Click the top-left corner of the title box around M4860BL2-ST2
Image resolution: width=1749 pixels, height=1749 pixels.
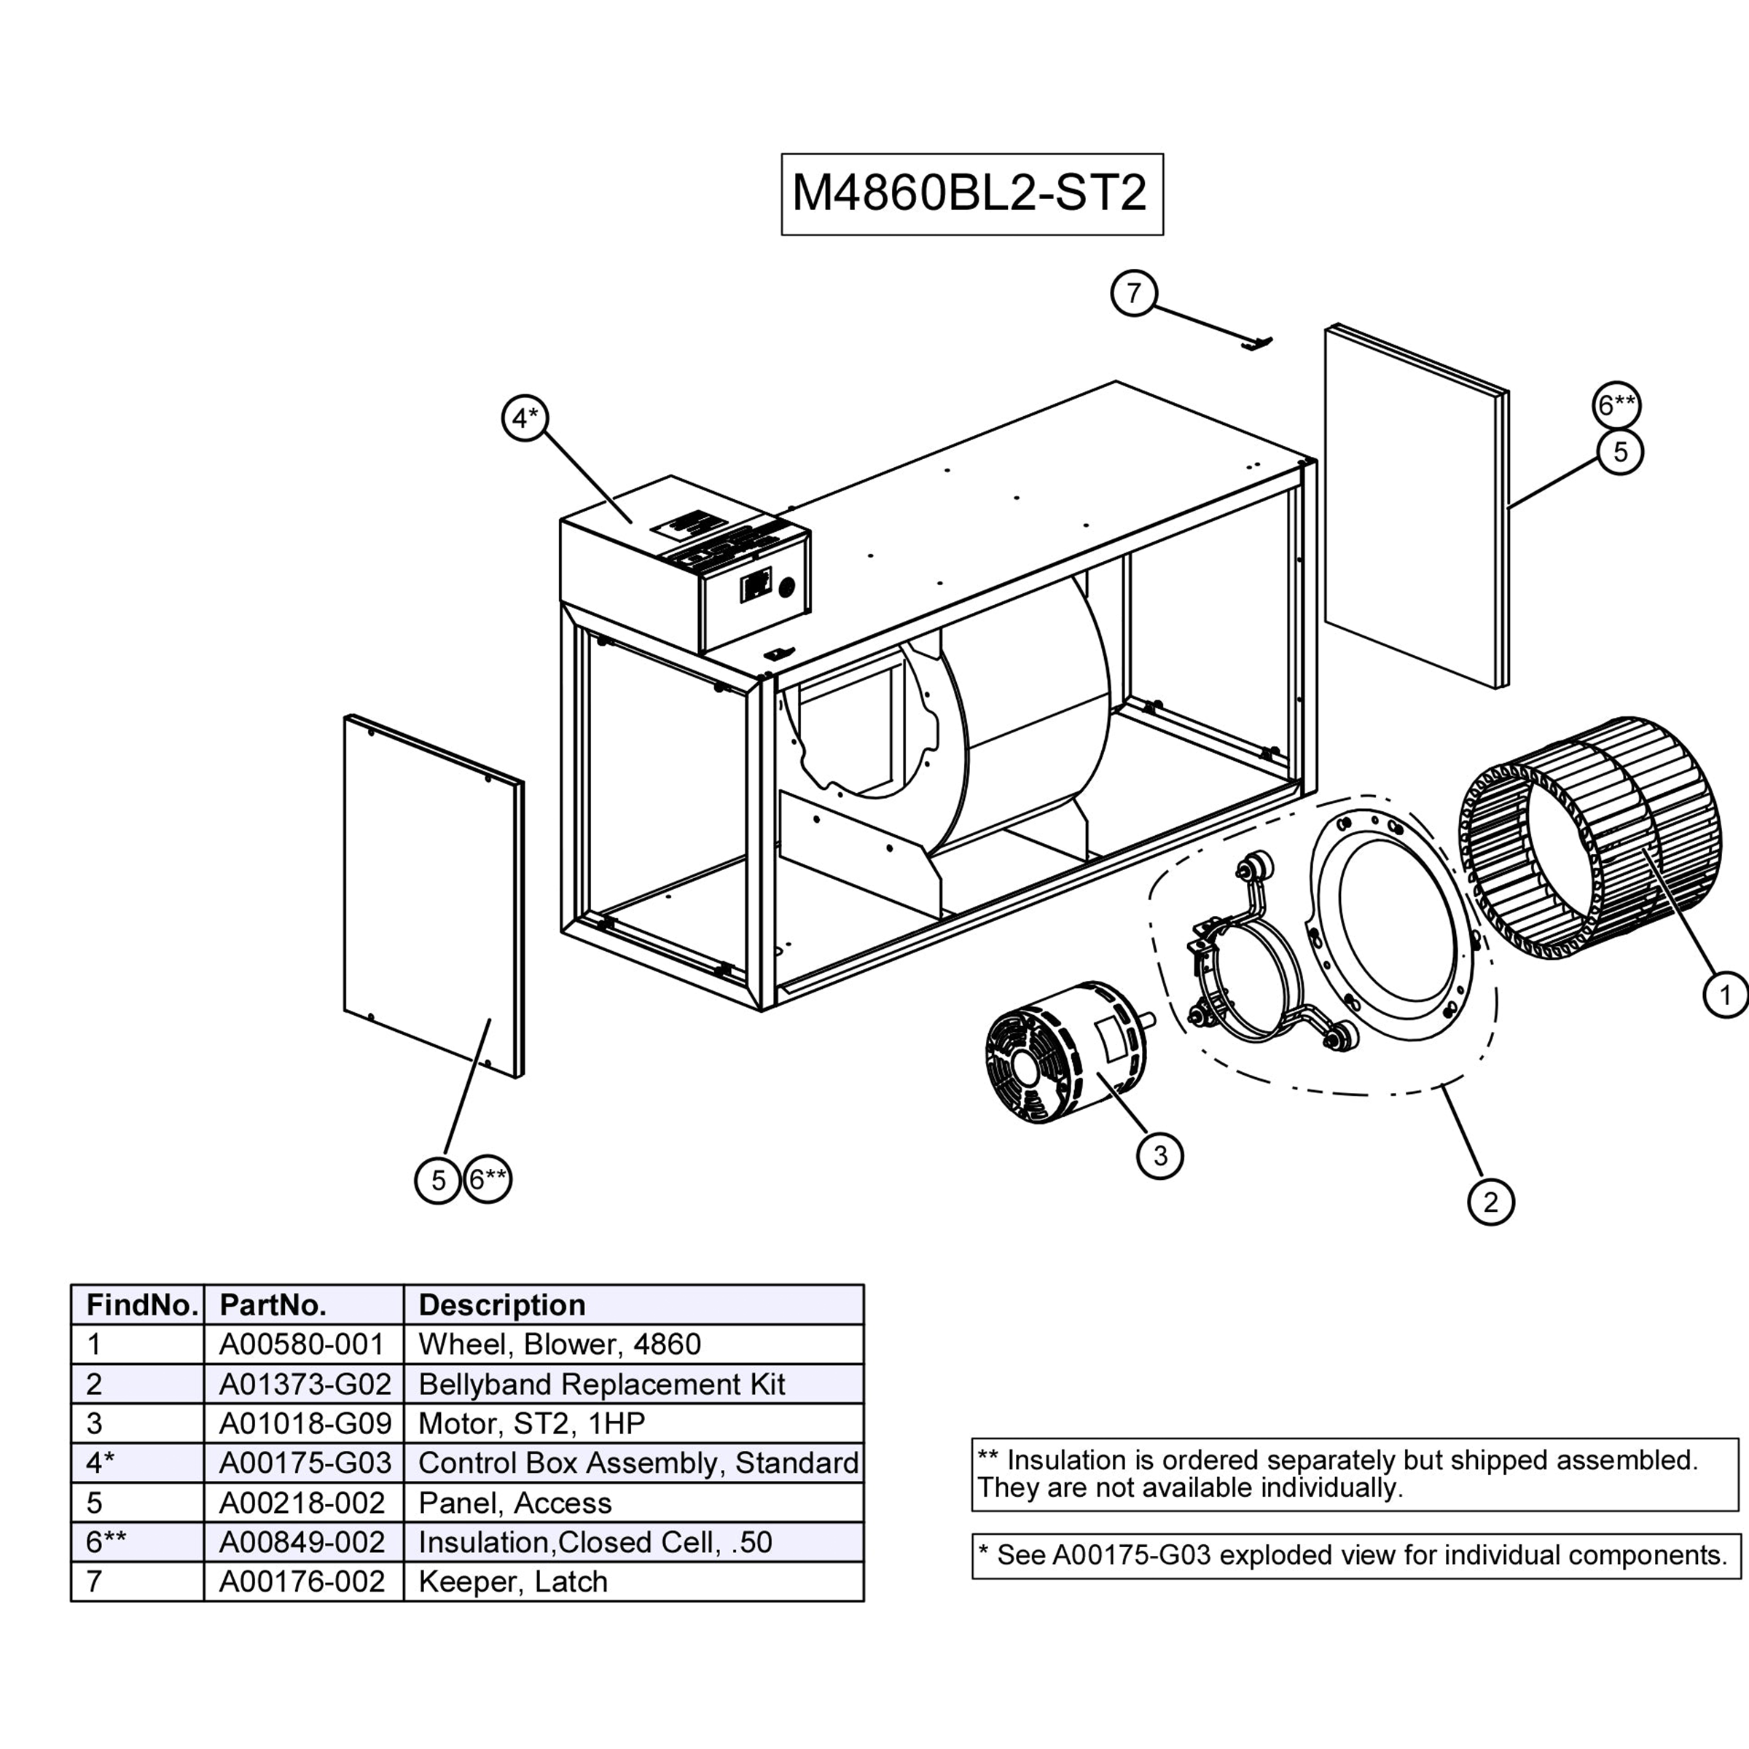click(782, 154)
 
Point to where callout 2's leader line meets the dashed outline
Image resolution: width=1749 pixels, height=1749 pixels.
click(1441, 1084)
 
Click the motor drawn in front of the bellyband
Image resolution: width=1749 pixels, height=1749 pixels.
click(1068, 1052)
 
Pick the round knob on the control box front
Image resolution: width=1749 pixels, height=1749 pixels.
click(786, 587)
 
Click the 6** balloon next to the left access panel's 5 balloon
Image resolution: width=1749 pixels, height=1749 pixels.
click(488, 1178)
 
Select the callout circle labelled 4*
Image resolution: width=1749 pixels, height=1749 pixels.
click(525, 418)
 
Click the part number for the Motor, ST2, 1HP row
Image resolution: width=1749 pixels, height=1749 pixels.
click(305, 1423)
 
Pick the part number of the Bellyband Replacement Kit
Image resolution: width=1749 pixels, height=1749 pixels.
click(305, 1383)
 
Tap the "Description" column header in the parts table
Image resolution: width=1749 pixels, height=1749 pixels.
click(501, 1304)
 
